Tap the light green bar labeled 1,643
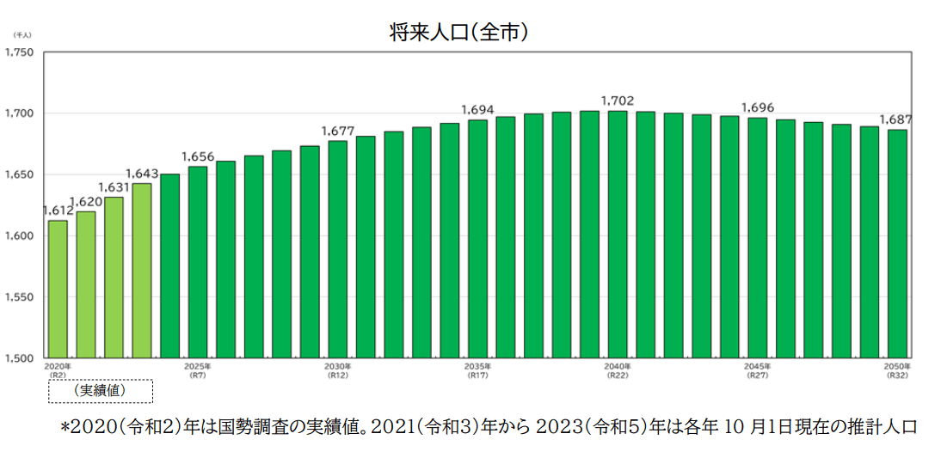point(142,271)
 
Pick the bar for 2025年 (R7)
point(198,262)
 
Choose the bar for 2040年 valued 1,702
point(618,234)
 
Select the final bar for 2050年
point(897,243)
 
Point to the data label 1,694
point(477,110)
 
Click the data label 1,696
point(758,108)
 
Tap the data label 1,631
point(114,187)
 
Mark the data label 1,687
point(895,119)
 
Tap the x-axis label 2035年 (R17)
point(477,371)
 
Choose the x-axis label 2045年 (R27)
point(758,371)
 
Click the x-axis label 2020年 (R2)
point(58,371)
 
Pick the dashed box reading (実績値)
point(101,391)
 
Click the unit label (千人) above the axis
point(22,35)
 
